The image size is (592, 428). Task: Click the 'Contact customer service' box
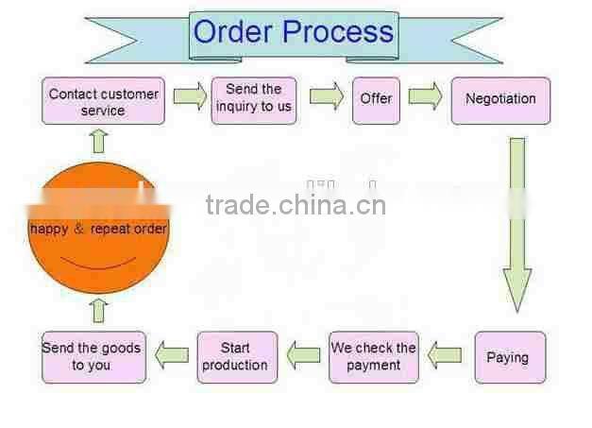103,101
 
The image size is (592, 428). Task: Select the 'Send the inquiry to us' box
254,99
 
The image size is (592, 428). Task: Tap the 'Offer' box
376,98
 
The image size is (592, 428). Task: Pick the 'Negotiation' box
500,99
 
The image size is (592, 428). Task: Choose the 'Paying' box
508,357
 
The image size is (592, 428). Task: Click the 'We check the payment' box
373,356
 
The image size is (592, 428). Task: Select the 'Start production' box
236,356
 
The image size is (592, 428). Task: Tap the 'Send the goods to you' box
93,356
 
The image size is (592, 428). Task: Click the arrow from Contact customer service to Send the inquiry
190,96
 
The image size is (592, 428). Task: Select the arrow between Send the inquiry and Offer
326,95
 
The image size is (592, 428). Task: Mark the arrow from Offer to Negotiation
425,95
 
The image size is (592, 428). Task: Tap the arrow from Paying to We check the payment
445,355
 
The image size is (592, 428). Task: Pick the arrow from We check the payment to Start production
304,355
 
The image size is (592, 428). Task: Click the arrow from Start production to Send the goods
171,354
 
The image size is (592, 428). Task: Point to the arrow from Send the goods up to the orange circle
98,311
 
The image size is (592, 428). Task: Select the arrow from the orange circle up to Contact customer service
98,141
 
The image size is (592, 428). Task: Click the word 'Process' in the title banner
338,32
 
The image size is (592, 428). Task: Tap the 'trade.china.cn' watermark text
296,204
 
